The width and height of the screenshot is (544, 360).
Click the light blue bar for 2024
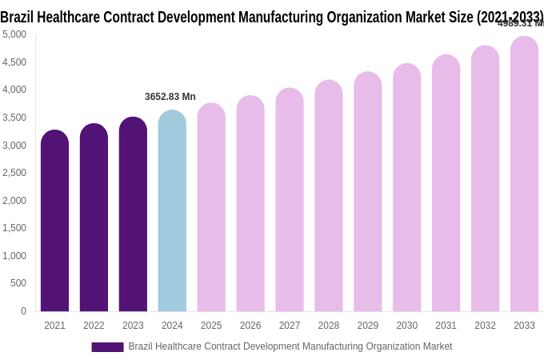point(172,211)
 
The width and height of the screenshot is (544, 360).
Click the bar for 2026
point(250,204)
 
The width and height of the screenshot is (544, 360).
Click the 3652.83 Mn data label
point(170,97)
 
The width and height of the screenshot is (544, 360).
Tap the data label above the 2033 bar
point(520,23)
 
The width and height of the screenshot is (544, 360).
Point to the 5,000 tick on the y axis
point(14,34)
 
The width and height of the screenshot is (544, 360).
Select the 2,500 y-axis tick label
point(14,173)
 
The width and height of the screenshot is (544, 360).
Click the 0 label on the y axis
point(23,311)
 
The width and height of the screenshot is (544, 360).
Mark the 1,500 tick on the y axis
point(14,228)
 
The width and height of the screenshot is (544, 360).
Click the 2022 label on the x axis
point(94,326)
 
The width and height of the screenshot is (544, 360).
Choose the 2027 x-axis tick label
point(290,326)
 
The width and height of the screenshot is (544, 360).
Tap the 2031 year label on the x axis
point(446,326)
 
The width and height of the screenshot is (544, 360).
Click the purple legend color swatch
point(107,347)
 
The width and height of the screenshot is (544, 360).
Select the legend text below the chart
point(290,346)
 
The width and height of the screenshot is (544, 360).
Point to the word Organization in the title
point(365,17)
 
